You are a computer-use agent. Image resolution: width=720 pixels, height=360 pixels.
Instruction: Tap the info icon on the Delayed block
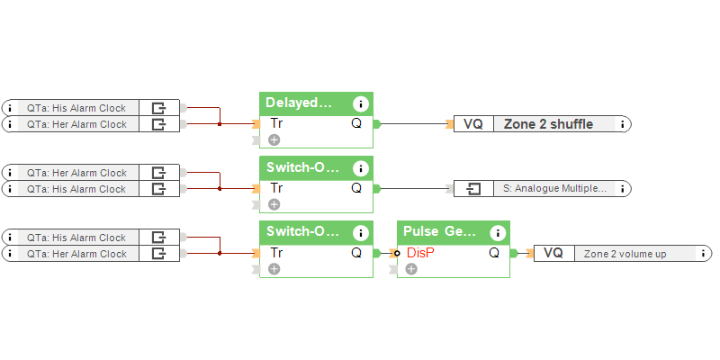pyautogui.click(x=361, y=103)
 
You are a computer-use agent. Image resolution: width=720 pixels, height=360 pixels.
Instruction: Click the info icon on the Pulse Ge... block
pyautogui.click(x=498, y=231)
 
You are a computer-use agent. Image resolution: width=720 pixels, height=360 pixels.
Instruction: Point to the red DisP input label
pyautogui.click(x=420, y=253)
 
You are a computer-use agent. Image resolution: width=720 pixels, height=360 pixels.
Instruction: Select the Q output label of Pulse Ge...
pyautogui.click(x=494, y=253)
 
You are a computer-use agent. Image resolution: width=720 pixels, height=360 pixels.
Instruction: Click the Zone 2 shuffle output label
pyautogui.click(x=548, y=124)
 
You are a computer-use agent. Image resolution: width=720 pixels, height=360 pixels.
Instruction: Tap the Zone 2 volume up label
pyautogui.click(x=625, y=254)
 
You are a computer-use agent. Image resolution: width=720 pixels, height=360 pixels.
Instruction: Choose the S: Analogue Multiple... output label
pyautogui.click(x=554, y=188)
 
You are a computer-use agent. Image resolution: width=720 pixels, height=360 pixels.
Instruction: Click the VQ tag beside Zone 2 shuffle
pyautogui.click(x=472, y=124)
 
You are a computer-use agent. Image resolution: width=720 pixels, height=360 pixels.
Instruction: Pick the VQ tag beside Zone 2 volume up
pyautogui.click(x=553, y=254)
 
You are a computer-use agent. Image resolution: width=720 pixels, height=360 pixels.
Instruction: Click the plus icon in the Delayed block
pyautogui.click(x=274, y=139)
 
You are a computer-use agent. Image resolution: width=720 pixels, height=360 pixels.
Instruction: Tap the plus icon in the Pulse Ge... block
pyautogui.click(x=411, y=269)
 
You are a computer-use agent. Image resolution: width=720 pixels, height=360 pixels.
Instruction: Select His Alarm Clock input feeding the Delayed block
pyautogui.click(x=76, y=108)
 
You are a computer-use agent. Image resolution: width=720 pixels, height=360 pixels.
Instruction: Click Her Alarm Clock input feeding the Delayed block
pyautogui.click(x=76, y=124)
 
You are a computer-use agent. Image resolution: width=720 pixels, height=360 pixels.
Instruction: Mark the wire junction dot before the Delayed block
pyautogui.click(x=220, y=124)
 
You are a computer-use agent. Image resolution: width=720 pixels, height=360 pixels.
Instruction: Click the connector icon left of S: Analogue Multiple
pyautogui.click(x=473, y=188)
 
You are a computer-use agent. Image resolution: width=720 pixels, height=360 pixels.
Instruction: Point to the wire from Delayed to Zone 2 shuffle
pyautogui.click(x=414, y=124)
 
